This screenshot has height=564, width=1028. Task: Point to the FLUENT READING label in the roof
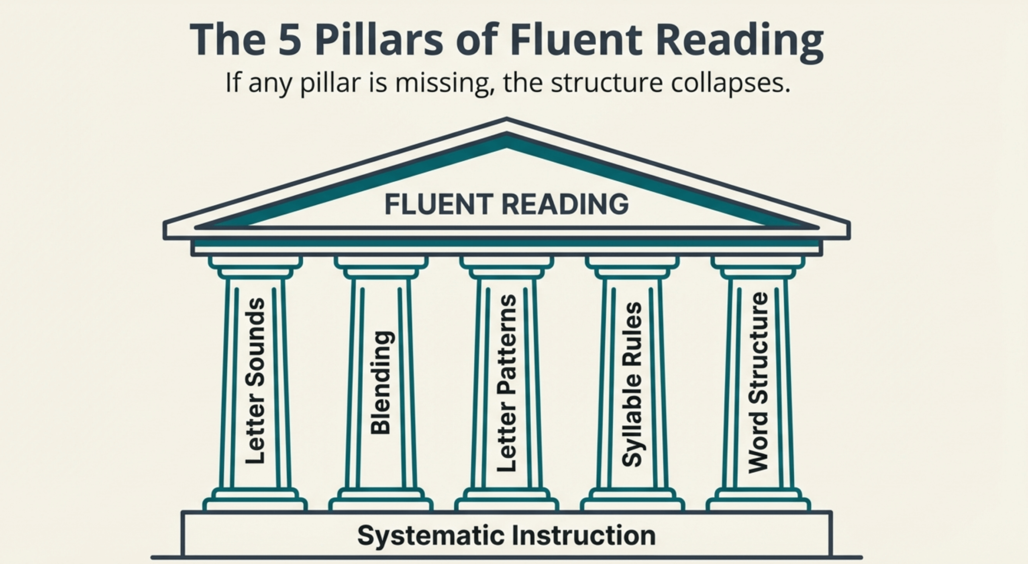[x=506, y=204]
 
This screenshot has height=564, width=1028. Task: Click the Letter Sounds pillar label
[x=255, y=381]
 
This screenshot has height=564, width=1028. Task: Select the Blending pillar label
[x=380, y=382]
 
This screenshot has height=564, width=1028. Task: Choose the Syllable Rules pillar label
[x=632, y=384]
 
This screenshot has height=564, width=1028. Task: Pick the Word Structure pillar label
[x=758, y=383]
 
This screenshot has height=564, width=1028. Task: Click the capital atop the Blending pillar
[x=381, y=267]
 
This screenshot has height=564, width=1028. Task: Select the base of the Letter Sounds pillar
[x=255, y=500]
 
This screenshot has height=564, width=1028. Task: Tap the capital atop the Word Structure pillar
[x=758, y=267]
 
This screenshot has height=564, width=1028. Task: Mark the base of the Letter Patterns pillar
[x=506, y=500]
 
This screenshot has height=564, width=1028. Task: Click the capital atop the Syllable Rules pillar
[x=632, y=267]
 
